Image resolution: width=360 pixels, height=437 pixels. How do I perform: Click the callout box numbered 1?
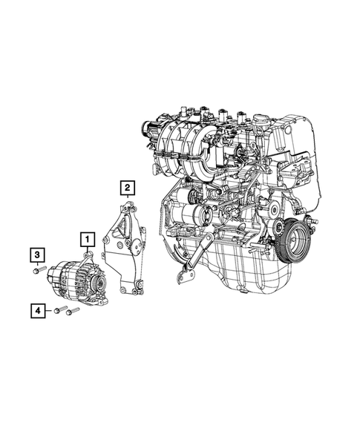tap(88, 239)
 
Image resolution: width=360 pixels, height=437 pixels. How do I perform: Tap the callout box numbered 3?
tap(36, 255)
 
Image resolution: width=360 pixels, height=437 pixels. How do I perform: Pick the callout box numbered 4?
tap(36, 310)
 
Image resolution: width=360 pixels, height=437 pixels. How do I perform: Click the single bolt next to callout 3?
tap(39, 272)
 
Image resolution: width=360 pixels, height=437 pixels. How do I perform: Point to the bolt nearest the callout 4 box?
tap(61, 310)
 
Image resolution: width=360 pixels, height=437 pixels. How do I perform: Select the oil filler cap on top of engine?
tap(261, 119)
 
